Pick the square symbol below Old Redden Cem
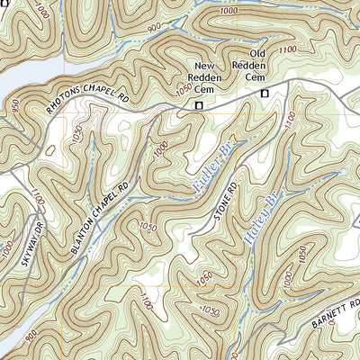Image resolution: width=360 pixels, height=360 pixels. [265, 94]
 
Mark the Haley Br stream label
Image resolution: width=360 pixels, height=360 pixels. [259, 216]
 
